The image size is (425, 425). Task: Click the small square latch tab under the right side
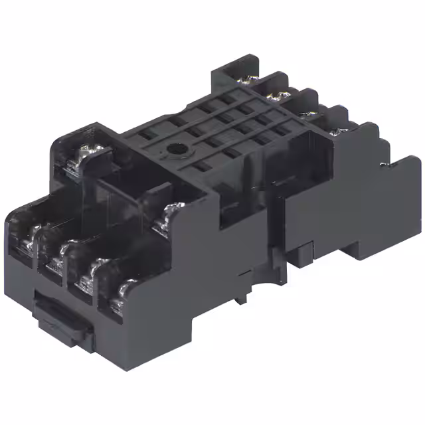pyautogui.click(x=303, y=250)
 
